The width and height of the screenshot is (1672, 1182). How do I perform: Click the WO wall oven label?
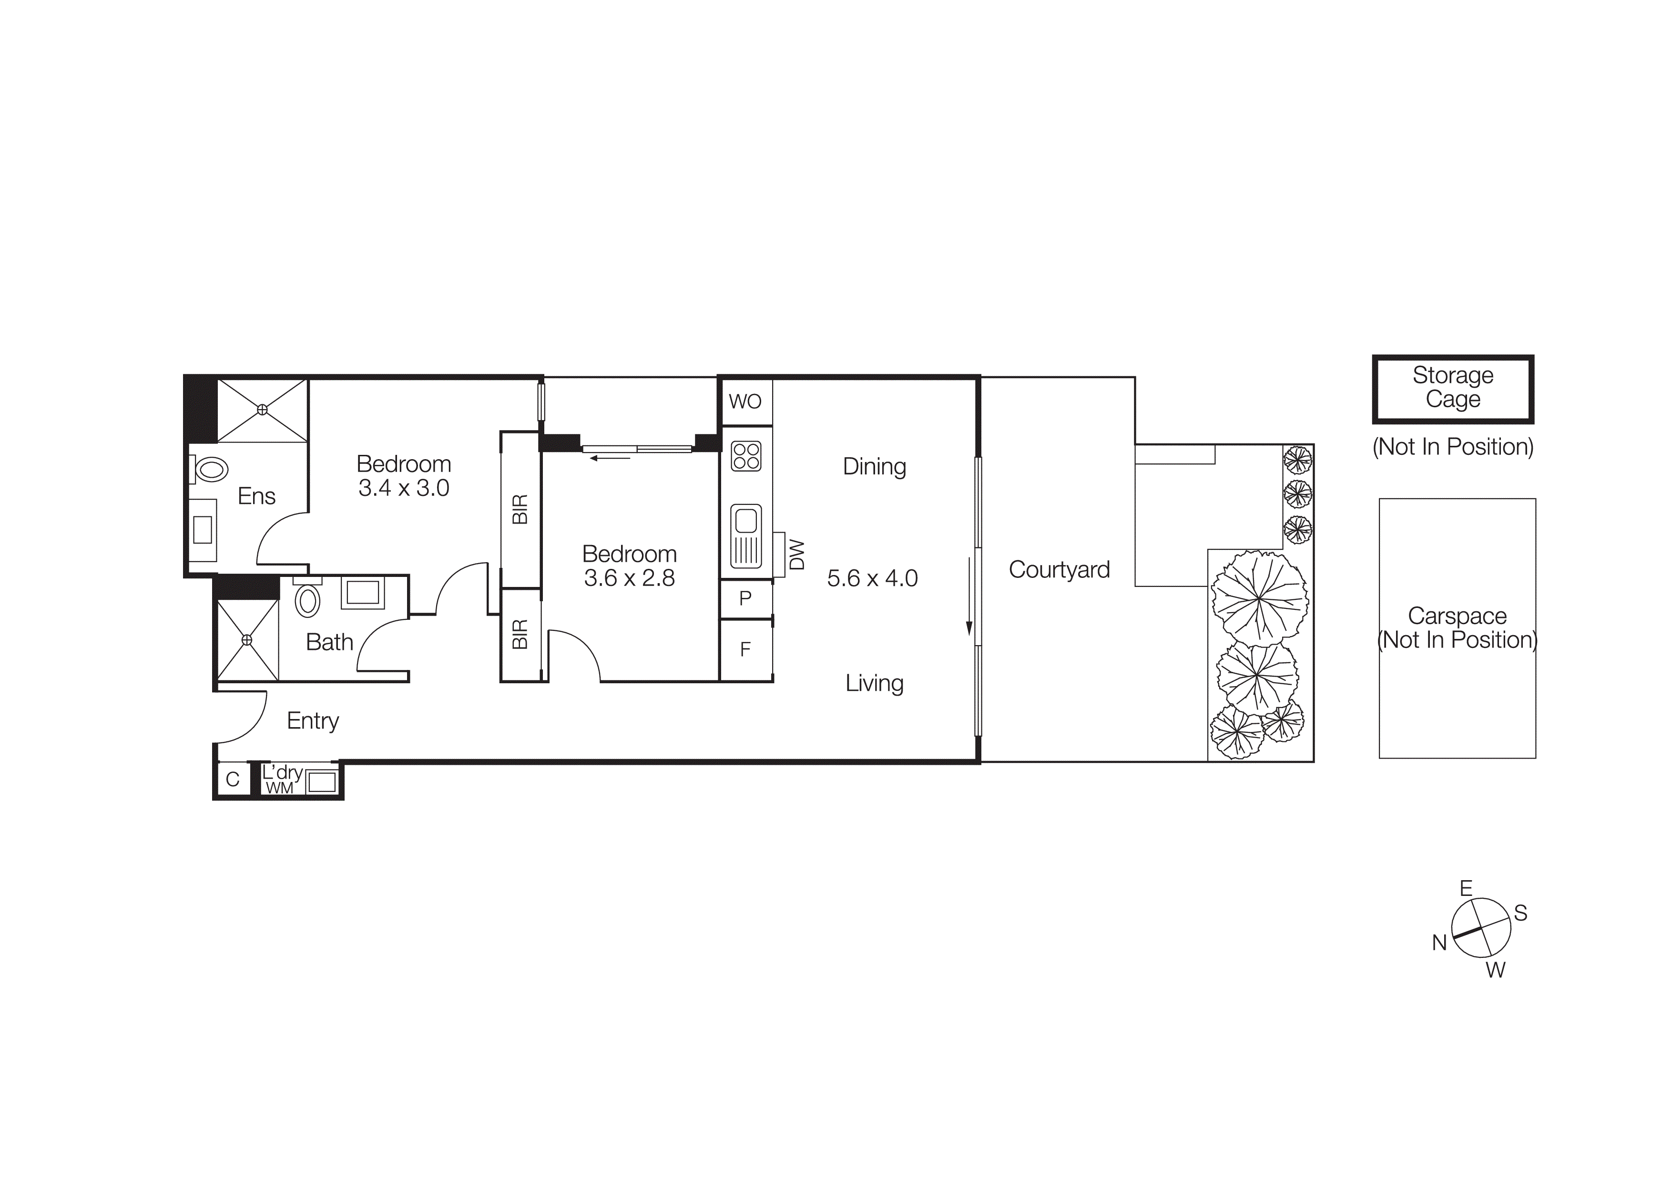coord(745,401)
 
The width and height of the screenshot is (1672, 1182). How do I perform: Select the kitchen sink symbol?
coord(746,535)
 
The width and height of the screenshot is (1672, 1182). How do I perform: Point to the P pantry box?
coord(745,598)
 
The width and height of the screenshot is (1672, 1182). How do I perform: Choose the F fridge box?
coord(745,649)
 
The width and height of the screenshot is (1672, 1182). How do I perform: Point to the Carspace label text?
coord(1457,616)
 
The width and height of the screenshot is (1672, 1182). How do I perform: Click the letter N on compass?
coord(1439,942)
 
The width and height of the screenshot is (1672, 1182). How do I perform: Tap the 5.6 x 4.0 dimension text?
coord(872,578)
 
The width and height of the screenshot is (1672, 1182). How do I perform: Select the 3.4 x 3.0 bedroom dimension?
coord(403,488)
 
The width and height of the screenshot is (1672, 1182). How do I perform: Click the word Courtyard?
coord(1059,569)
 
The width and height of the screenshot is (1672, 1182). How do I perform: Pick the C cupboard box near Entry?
coord(232,779)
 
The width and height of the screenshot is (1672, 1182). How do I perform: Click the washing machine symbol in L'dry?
coord(321,782)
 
